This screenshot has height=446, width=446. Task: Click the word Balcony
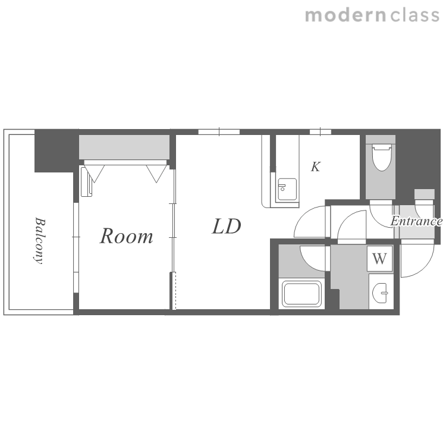coord(39,241)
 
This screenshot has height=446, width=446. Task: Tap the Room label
coord(126,236)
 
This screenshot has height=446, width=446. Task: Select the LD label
coord(227,227)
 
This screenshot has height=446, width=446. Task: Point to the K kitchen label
coord(316,167)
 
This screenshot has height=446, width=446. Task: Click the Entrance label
coord(416,221)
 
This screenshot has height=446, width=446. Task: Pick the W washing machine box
coord(380,259)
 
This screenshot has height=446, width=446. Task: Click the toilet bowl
coord(382,157)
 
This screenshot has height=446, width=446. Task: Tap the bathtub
coord(301,294)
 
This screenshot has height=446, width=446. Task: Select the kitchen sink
coord(287,190)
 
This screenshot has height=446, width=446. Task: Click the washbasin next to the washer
coord(380,293)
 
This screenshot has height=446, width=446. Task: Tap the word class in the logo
coord(414,15)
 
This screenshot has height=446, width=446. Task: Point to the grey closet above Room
coord(124,147)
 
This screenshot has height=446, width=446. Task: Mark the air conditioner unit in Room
coord(86,182)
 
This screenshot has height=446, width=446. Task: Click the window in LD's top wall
coord(219,131)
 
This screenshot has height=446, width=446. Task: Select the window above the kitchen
coord(321,131)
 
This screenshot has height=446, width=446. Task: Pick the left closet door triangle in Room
coord(95,173)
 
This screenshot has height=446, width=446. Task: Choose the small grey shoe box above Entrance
coord(425,194)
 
